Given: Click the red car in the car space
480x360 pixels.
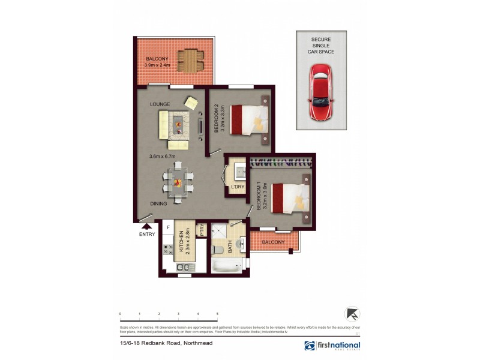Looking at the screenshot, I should (322, 93).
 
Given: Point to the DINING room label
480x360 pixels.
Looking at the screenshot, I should (158, 204).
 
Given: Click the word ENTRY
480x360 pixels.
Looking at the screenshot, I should (146, 234).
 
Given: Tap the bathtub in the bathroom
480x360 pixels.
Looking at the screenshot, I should (229, 265).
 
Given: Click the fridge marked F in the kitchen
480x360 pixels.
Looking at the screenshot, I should (169, 229).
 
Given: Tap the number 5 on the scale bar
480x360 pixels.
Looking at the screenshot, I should (217, 314).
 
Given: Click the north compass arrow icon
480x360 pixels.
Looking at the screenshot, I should (351, 314).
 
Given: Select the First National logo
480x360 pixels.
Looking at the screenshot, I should (332, 346).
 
